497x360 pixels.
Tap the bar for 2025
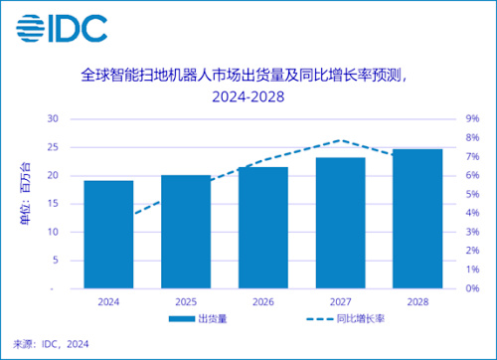[x=186, y=231]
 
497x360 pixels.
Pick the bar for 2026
[x=262, y=227]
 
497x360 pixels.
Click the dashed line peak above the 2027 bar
[x=340, y=140]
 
